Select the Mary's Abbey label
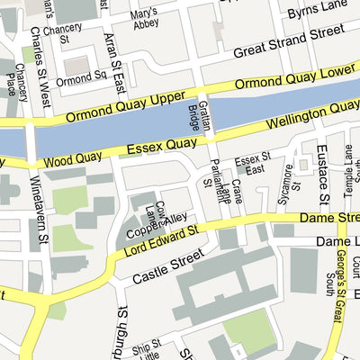point(142,19)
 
